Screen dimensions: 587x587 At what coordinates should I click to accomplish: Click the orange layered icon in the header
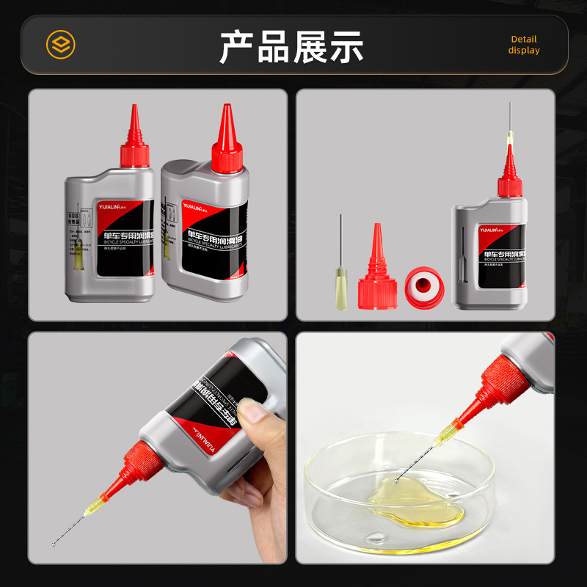tap(60, 44)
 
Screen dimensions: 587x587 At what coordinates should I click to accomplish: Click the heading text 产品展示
tap(292, 45)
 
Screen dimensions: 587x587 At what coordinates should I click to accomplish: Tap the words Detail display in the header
tap(523, 45)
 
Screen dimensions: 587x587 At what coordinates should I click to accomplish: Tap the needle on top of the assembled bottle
tap(508, 125)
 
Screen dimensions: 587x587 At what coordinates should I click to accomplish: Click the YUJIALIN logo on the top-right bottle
tap(496, 229)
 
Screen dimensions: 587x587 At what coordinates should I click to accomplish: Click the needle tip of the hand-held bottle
tap(54, 544)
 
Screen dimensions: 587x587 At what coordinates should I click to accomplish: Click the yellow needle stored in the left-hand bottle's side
tap(76, 245)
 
